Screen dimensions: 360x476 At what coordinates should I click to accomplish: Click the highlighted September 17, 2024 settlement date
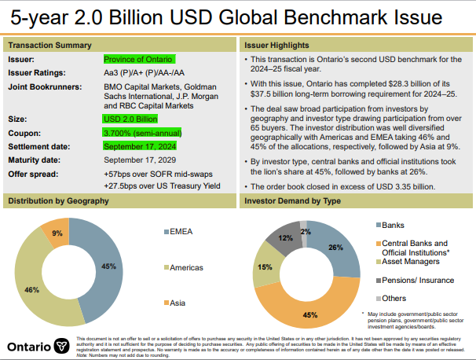click(x=140, y=145)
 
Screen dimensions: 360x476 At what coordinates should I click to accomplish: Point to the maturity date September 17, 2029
click(x=140, y=160)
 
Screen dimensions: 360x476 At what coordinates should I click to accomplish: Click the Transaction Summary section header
click(x=50, y=45)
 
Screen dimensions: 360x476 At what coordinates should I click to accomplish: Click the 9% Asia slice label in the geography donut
click(x=57, y=233)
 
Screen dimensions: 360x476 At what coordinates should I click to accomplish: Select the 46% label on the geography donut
click(x=31, y=290)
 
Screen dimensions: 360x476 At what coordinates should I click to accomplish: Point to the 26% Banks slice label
click(x=335, y=248)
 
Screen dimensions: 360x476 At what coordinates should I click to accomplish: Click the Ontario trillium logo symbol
click(x=63, y=346)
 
